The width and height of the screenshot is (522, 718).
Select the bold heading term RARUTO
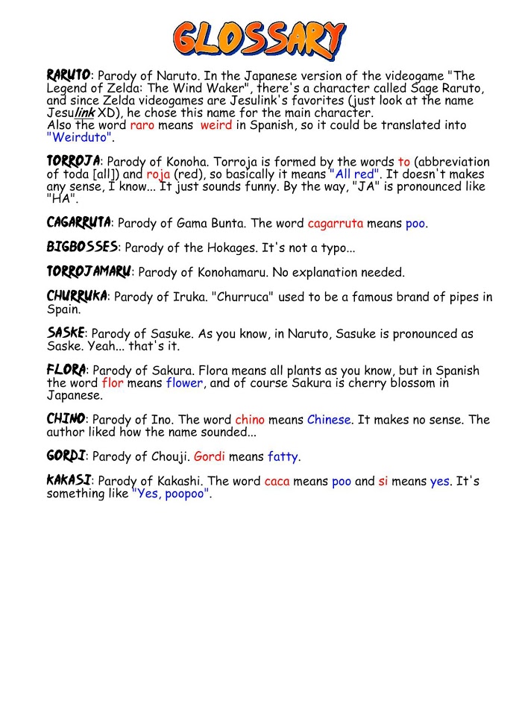click(69, 75)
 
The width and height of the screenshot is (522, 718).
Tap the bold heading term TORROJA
click(73, 162)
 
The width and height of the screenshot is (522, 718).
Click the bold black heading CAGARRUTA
click(78, 223)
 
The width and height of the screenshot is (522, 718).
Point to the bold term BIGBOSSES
click(82, 247)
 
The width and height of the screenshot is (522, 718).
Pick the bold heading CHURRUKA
click(77, 296)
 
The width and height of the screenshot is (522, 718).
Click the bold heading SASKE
click(66, 333)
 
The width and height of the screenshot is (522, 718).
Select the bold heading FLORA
click(66, 370)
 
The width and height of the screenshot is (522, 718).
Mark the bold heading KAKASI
click(69, 480)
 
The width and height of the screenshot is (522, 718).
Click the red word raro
click(142, 125)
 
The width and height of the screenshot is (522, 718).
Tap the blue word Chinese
click(328, 420)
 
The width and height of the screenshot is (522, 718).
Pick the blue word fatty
click(283, 456)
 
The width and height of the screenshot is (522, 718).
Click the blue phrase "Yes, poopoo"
click(171, 494)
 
